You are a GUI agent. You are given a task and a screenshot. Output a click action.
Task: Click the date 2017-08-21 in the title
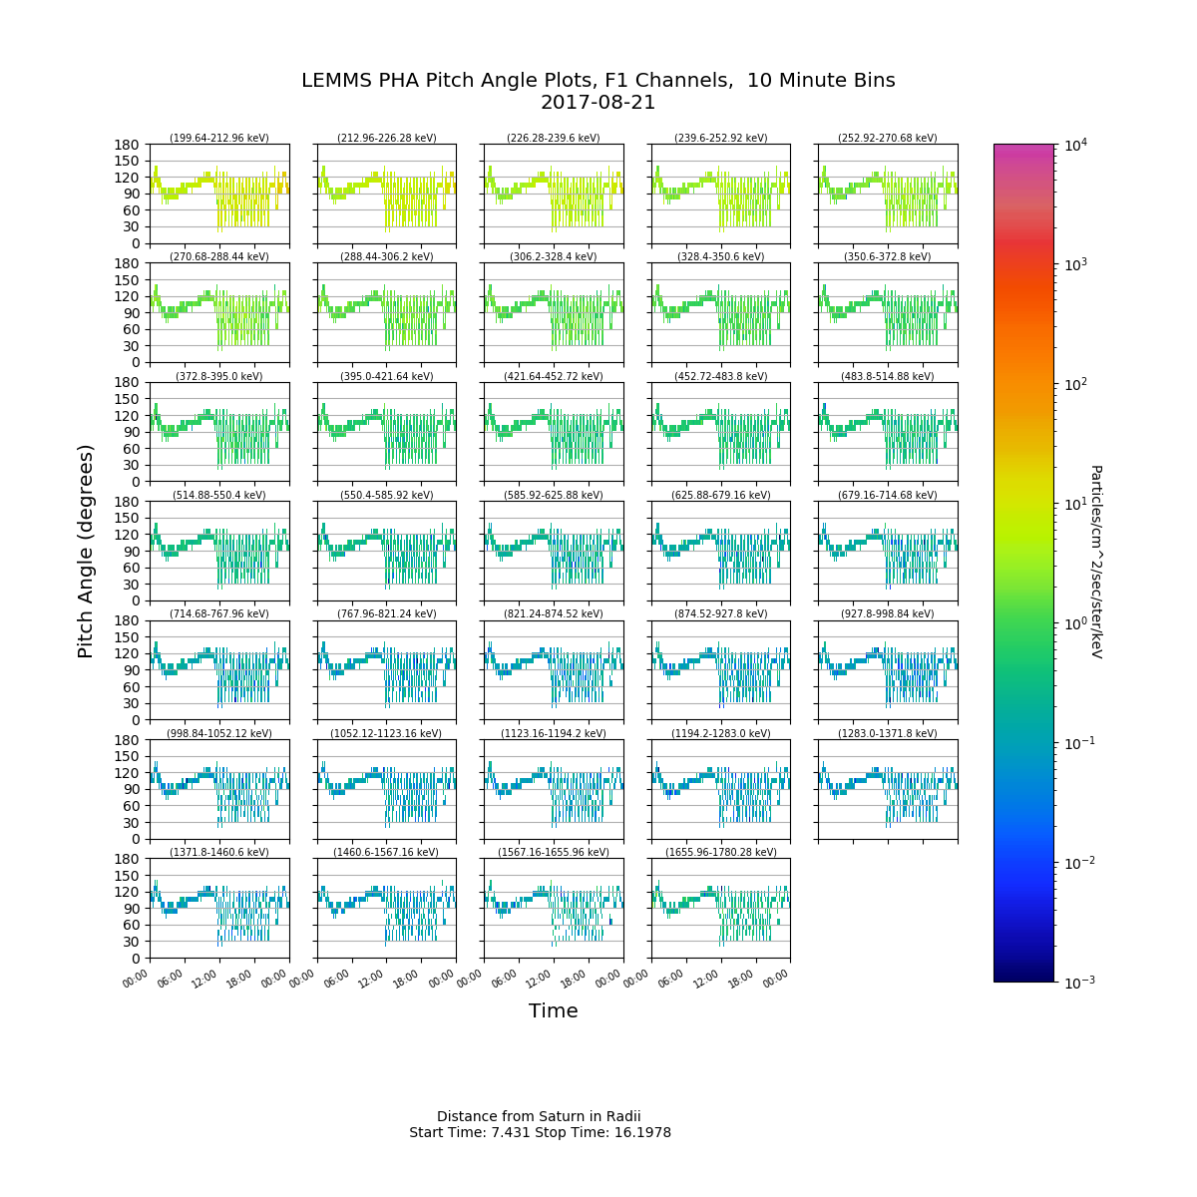pyautogui.click(x=598, y=103)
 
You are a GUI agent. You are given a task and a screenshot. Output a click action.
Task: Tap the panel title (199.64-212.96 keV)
pyautogui.click(x=219, y=139)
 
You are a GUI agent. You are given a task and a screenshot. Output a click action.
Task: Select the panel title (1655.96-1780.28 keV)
pyautogui.click(x=721, y=853)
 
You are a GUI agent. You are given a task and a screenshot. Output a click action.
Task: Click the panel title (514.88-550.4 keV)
pyautogui.click(x=219, y=496)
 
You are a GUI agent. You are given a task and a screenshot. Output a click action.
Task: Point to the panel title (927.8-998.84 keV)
pyautogui.click(x=888, y=614)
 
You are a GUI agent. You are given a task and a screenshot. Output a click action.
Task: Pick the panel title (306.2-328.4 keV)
pyautogui.click(x=554, y=257)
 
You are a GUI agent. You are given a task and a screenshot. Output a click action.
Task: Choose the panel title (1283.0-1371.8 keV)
pyautogui.click(x=888, y=734)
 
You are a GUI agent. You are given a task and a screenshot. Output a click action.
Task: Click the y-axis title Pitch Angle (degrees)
pyautogui.click(x=86, y=551)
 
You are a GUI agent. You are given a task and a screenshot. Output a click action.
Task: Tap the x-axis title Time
pyautogui.click(x=554, y=1010)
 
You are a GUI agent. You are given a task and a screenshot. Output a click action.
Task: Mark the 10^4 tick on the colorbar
pyautogui.click(x=1073, y=146)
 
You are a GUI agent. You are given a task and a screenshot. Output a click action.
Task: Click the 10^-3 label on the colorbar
pyautogui.click(x=1074, y=983)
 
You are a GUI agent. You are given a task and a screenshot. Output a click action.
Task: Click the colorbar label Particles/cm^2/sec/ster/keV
pyautogui.click(x=1095, y=561)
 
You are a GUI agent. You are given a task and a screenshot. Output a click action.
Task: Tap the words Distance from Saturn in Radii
pyautogui.click(x=539, y=1116)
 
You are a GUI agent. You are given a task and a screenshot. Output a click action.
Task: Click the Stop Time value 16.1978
pyautogui.click(x=642, y=1133)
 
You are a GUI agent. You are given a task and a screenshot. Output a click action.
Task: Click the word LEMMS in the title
pyautogui.click(x=334, y=81)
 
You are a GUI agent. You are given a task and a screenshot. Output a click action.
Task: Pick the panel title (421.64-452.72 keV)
pyautogui.click(x=554, y=377)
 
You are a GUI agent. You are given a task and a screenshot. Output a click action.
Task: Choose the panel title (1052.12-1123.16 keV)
pyautogui.click(x=386, y=734)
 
